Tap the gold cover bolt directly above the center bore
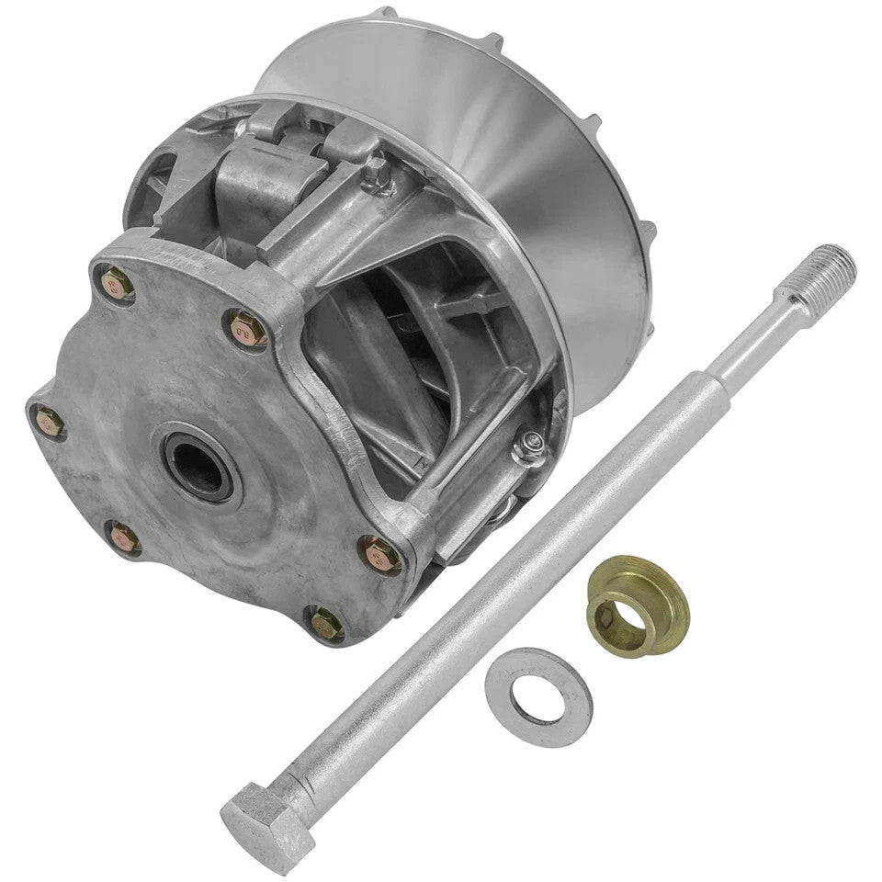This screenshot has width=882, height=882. [x=246, y=326]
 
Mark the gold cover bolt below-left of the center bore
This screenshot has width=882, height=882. [x=121, y=538]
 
